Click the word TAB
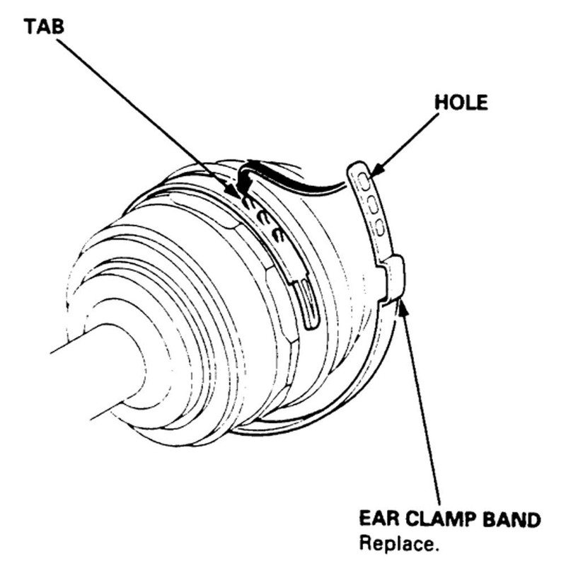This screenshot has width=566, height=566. tap(44, 27)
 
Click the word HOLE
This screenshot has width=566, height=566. tap(461, 103)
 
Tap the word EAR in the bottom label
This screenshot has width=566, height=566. tap(379, 519)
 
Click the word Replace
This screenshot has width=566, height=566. tap(399, 544)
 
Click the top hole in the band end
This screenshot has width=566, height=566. tap(364, 181)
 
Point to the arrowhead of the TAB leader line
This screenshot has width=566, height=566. tap(233, 190)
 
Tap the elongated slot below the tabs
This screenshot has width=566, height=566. tap(311, 305)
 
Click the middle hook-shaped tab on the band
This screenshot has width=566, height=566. tap(262, 219)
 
